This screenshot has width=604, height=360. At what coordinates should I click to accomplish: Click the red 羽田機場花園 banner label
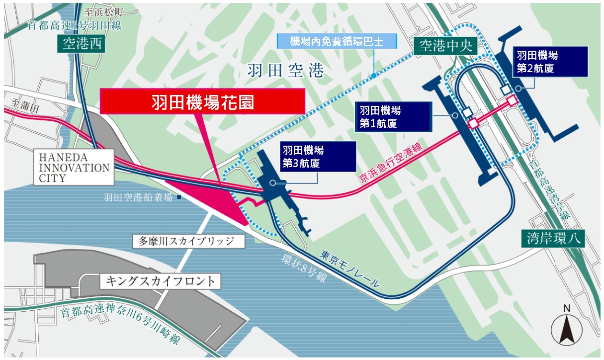coord(202,102)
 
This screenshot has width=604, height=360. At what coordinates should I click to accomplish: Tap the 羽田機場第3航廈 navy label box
coord(317,156)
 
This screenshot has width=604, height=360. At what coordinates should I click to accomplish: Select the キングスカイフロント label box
coord(160,281)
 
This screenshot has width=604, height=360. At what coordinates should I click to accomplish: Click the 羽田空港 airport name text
coord(285,72)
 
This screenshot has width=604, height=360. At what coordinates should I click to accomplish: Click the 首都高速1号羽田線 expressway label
coord(75,25)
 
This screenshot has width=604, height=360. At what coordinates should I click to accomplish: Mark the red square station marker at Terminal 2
coord(512,100)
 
